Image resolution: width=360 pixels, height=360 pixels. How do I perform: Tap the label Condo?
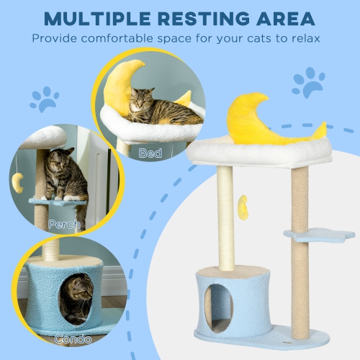click(x=72, y=338)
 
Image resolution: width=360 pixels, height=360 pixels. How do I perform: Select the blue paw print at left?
click(x=44, y=99)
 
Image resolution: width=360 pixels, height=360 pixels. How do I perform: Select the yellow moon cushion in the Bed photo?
click(x=120, y=84)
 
